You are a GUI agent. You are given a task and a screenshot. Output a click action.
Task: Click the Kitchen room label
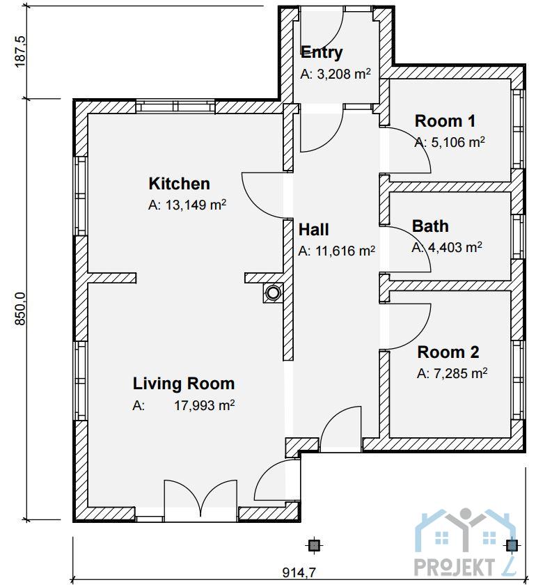tap(179, 184)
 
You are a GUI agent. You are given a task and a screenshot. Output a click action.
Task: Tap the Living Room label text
tap(184, 384)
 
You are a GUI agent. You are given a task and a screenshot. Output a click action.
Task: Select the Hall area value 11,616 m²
tap(336, 251)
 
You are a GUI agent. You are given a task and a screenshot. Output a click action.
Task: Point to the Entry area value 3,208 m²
tap(336, 74)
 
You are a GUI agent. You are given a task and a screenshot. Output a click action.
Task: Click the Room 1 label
tap(445, 121)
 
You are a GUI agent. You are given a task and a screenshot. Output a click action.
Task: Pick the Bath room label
tap(430, 226)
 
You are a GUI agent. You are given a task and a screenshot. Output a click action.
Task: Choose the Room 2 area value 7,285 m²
tap(452, 373)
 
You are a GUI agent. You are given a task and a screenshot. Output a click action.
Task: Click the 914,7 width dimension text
tap(299, 572)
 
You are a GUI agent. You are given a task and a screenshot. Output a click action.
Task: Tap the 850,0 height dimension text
tap(20, 309)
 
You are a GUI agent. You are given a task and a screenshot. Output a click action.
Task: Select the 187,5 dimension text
tap(20, 52)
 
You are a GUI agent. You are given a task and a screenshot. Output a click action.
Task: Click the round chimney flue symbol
tap(273, 292)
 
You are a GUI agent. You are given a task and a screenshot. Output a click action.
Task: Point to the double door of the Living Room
tap(200, 501)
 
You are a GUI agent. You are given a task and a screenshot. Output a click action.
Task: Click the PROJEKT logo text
tap(454, 568)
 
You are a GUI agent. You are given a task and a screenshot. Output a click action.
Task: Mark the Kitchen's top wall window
tap(175, 107)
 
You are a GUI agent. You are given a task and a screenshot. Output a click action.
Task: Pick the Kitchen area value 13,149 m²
tap(187, 205)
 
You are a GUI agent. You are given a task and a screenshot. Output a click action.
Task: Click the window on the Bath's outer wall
tap(518, 237)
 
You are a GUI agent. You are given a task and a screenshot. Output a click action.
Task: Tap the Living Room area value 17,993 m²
tap(184, 405)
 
